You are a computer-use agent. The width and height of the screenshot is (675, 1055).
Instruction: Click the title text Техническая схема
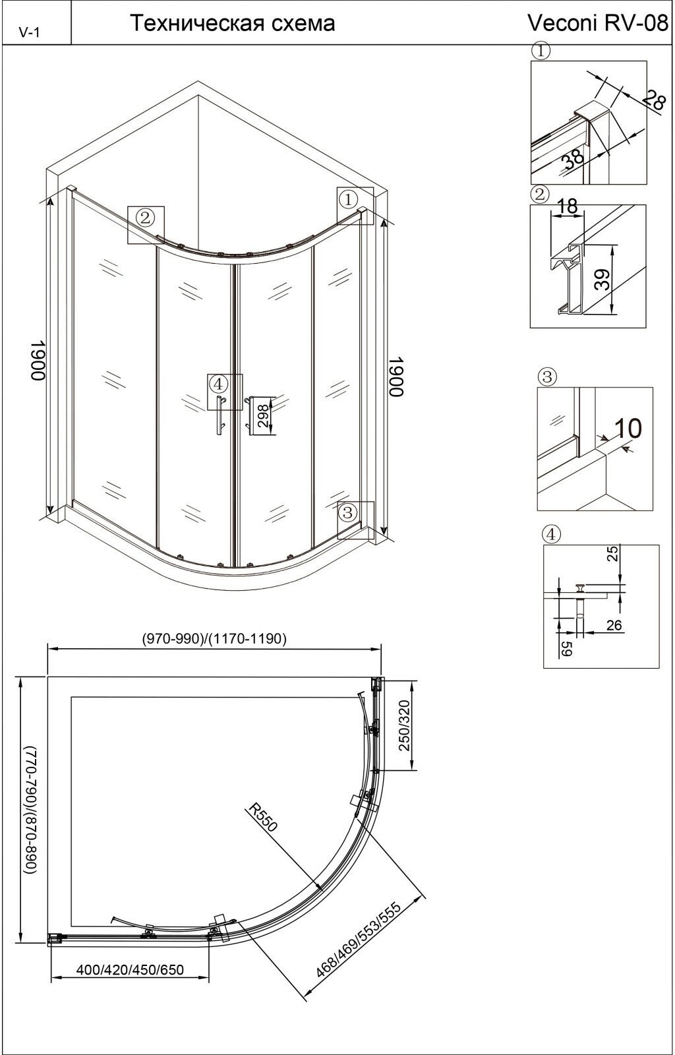(232, 22)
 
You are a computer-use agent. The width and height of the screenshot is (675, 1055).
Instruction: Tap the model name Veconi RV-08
(597, 22)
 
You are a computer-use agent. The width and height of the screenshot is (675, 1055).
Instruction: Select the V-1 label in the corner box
(29, 32)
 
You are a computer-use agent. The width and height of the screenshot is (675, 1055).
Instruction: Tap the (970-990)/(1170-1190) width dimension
(214, 639)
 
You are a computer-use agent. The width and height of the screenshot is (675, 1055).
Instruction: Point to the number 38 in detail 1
(573, 159)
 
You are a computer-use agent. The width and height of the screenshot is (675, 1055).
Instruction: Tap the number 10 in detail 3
(628, 428)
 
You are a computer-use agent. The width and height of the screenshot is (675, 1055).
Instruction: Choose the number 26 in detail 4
(614, 625)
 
